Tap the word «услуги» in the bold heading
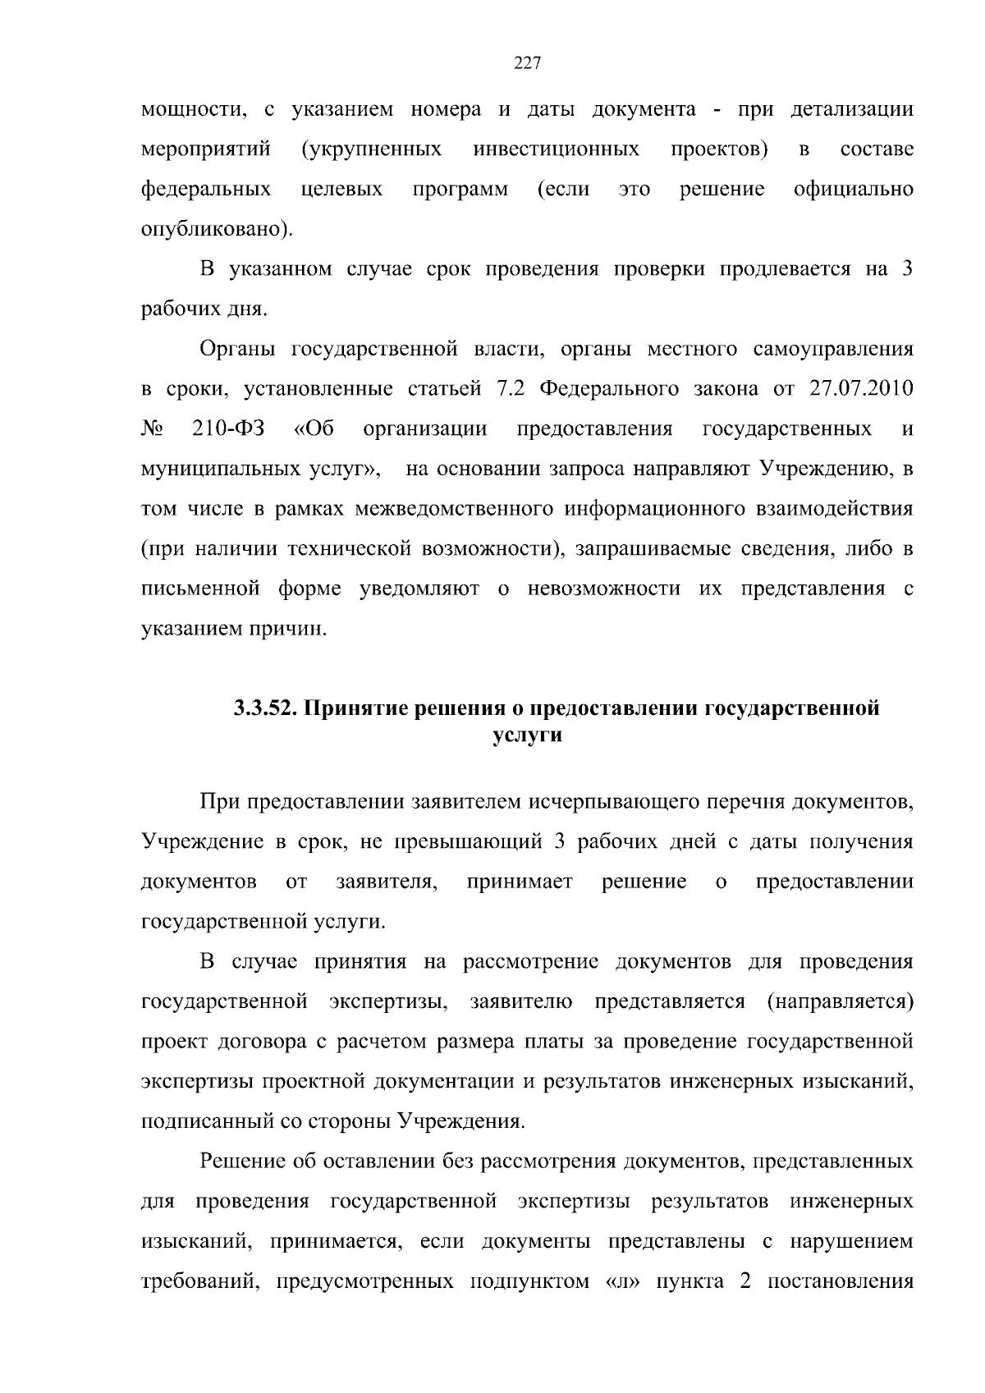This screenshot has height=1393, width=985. (x=526, y=735)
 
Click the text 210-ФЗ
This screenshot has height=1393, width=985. (x=222, y=429)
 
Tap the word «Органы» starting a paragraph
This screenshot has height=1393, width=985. (x=236, y=350)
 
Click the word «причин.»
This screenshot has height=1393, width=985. (x=285, y=630)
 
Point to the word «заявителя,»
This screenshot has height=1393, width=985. (x=386, y=882)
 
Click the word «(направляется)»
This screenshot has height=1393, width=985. (x=840, y=1002)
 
